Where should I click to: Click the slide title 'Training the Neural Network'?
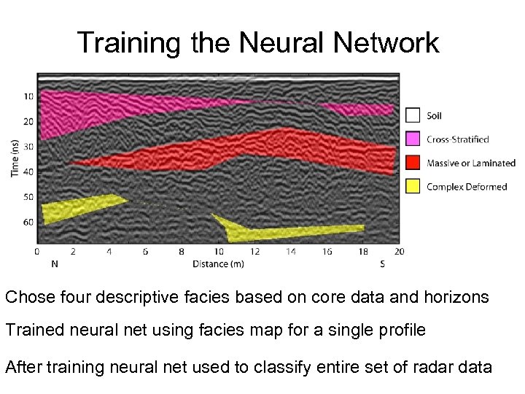(x=258, y=42)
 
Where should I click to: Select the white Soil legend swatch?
(x=413, y=115)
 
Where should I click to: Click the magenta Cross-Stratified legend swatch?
(x=413, y=139)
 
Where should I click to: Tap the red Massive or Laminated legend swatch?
(x=413, y=163)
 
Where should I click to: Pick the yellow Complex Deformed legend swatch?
(x=413, y=187)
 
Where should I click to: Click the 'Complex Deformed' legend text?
(x=467, y=187)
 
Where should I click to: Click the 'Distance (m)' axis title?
(x=218, y=263)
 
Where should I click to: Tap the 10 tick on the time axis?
(x=28, y=96)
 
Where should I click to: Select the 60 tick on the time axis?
(x=28, y=222)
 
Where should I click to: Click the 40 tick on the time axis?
(x=28, y=171)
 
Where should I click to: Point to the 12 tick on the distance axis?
(x=254, y=252)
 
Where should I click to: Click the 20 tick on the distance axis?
(x=398, y=252)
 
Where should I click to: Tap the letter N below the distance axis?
(x=54, y=263)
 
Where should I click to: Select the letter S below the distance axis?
(x=383, y=263)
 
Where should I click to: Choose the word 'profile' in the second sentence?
(x=400, y=330)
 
